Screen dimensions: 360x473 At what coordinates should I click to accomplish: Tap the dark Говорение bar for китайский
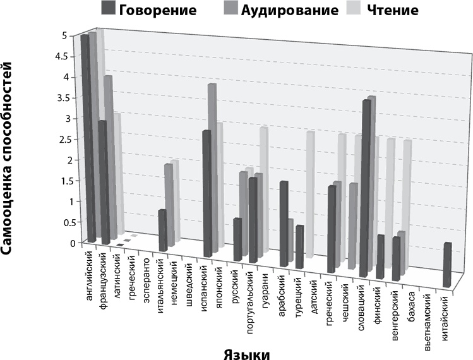click(448, 265)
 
